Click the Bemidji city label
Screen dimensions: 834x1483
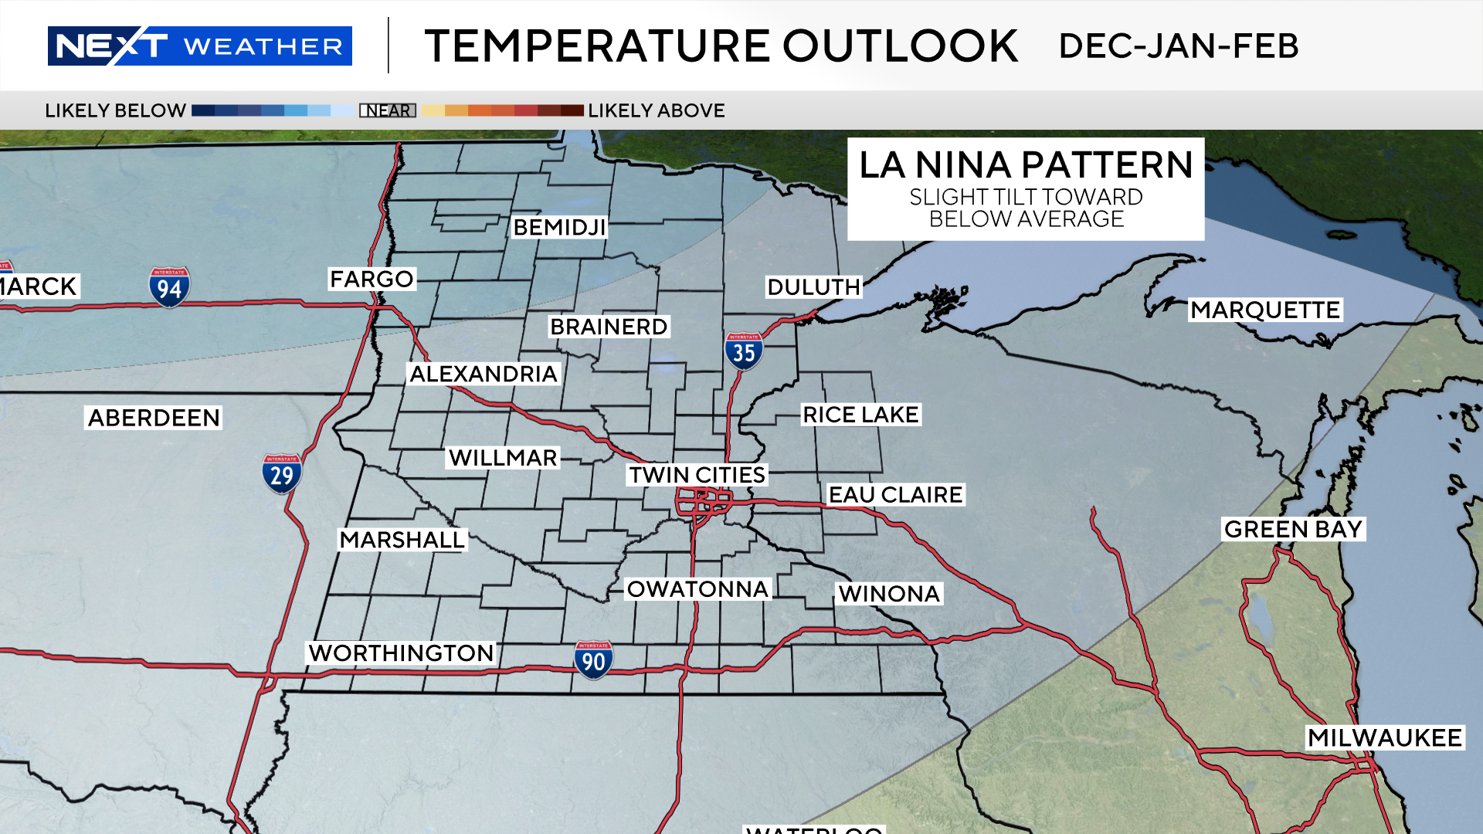pyautogui.click(x=559, y=227)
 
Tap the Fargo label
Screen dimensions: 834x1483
pyautogui.click(x=372, y=279)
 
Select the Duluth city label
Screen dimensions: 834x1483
pyautogui.click(x=813, y=287)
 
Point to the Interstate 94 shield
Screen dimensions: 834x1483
pyautogui.click(x=169, y=287)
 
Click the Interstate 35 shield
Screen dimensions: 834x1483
pyautogui.click(x=744, y=351)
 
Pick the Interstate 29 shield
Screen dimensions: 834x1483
pyautogui.click(x=282, y=473)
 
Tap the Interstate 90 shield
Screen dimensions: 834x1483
pyautogui.click(x=593, y=660)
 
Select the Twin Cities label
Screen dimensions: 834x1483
pyautogui.click(x=697, y=475)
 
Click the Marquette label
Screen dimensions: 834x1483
pyautogui.click(x=1264, y=310)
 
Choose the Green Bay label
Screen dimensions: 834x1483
pyautogui.click(x=1293, y=529)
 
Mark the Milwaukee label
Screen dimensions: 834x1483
pyautogui.click(x=1384, y=737)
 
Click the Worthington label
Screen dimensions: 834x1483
pyautogui.click(x=401, y=653)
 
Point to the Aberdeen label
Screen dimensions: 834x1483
pyautogui.click(x=154, y=418)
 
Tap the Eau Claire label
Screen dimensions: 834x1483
pyautogui.click(x=895, y=494)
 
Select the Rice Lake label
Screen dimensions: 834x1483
pyautogui.click(x=860, y=415)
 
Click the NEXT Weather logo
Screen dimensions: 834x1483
pyautogui.click(x=199, y=46)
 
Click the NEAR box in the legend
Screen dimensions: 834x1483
pyautogui.click(x=388, y=110)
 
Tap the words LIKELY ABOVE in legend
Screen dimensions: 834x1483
pyautogui.click(x=656, y=110)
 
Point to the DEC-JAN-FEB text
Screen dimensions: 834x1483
pyautogui.click(x=1178, y=46)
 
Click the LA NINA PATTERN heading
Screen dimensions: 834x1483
pyautogui.click(x=1026, y=165)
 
